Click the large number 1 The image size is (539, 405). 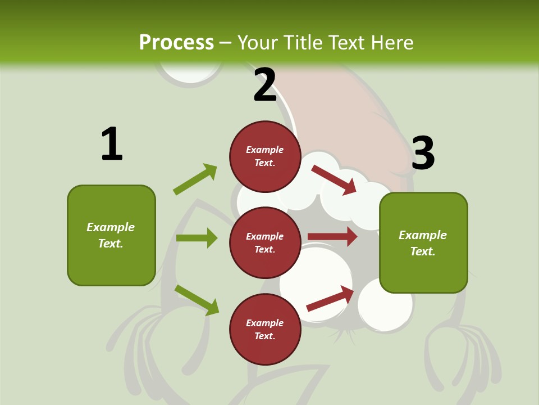pyautogui.click(x=112, y=144)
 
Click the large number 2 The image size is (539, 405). pyautogui.click(x=265, y=85)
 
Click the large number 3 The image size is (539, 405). pyautogui.click(x=423, y=153)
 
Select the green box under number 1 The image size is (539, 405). pyautogui.click(x=111, y=235)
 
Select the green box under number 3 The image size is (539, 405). pyautogui.click(x=423, y=242)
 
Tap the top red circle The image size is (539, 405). pyautogui.click(x=265, y=156)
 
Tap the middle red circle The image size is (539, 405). pyautogui.click(x=265, y=242)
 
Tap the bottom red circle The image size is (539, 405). pyautogui.click(x=265, y=329)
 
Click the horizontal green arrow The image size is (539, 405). pyautogui.click(x=197, y=238)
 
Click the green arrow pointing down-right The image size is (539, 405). pyautogui.click(x=197, y=300)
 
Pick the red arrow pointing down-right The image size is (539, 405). pyautogui.click(x=334, y=179)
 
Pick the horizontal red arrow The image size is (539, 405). pyautogui.click(x=332, y=236)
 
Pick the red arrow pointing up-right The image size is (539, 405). pyautogui.click(x=330, y=298)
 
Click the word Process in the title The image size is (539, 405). pyautogui.click(x=176, y=42)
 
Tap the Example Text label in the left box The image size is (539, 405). pyautogui.click(x=111, y=235)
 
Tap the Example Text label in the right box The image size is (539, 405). pyautogui.click(x=423, y=243)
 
